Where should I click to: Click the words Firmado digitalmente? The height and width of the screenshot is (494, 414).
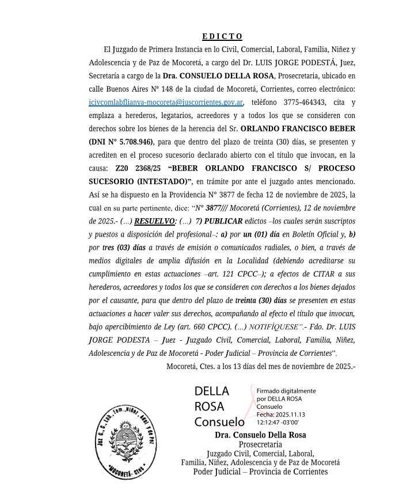point(286,391)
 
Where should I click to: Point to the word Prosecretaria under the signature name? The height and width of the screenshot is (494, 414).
point(260,444)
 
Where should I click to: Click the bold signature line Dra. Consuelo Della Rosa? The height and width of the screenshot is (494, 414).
point(260,435)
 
